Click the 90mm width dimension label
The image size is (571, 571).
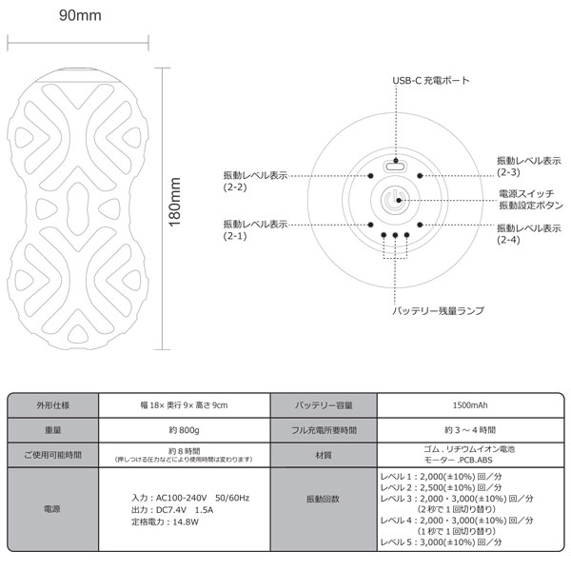[x=80, y=15]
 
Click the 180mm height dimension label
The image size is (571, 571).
[x=175, y=202]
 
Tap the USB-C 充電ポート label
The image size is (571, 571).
[x=431, y=81]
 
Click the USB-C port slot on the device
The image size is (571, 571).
[x=395, y=167]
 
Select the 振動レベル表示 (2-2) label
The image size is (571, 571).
[x=255, y=182]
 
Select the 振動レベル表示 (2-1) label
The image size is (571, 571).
[x=255, y=230]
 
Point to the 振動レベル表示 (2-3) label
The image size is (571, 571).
[x=529, y=167]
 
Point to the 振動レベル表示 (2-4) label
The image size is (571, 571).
[x=529, y=234]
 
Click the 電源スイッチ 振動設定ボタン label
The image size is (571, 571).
[x=531, y=200]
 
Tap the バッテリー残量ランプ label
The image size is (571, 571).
[x=438, y=310]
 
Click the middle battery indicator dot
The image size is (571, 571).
[x=395, y=235]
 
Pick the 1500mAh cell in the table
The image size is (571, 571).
[x=470, y=405]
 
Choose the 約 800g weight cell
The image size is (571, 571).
[x=184, y=430]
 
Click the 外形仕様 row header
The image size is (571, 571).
[x=52, y=405]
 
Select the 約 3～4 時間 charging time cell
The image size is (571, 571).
[x=470, y=430]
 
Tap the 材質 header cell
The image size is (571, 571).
[x=323, y=455]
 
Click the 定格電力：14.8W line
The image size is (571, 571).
[x=165, y=522]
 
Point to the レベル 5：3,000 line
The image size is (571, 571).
[x=441, y=541]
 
